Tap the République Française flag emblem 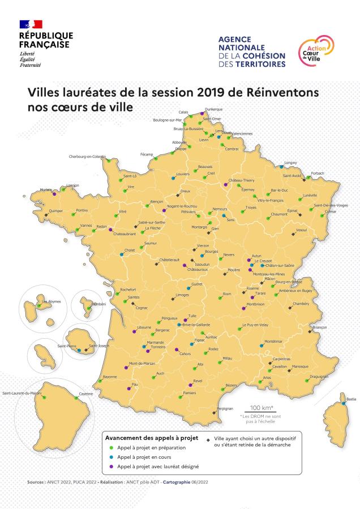tap(31, 24)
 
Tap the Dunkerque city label tap(213, 109)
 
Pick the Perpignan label tap(225, 408)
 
